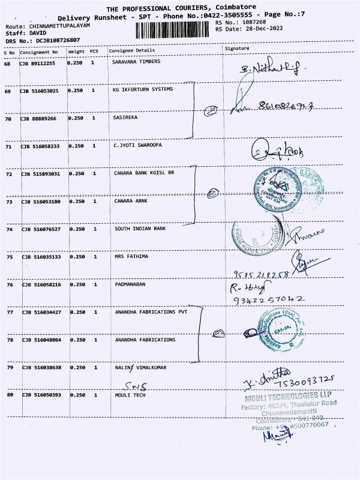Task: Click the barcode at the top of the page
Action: pos(178,29)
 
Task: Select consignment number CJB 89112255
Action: pos(38,63)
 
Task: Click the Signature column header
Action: pos(236,47)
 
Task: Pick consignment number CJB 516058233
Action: pos(41,146)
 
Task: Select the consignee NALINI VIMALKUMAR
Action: pos(140,367)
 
